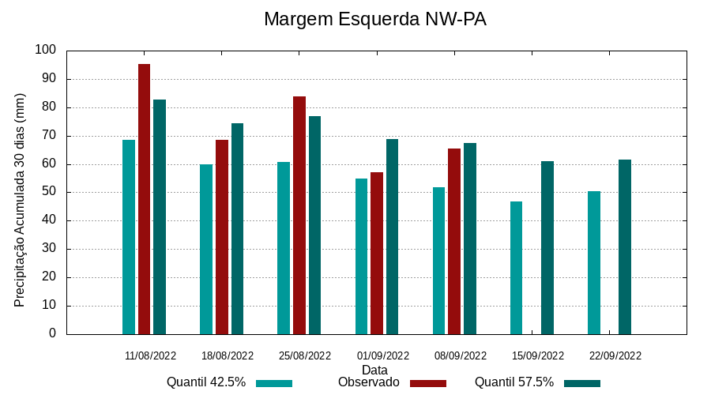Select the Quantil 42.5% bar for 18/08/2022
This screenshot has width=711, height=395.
206,249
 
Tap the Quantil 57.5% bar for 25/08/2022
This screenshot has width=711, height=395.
314,225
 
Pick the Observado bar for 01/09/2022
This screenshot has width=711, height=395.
377,253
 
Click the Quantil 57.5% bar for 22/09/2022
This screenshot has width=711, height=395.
625,246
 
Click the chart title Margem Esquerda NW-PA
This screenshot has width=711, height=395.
374,19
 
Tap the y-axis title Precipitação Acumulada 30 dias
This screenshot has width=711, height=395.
21,200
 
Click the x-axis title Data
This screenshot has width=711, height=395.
374,370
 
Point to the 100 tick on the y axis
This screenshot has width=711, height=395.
46,50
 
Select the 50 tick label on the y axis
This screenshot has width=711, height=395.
49,192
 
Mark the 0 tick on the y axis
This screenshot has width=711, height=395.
52,333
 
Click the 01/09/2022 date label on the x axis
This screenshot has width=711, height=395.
383,355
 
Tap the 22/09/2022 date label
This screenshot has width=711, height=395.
615,355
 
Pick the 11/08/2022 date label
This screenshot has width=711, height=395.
150,355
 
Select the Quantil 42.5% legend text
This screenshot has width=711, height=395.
206,382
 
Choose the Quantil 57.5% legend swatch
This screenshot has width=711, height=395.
582,383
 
